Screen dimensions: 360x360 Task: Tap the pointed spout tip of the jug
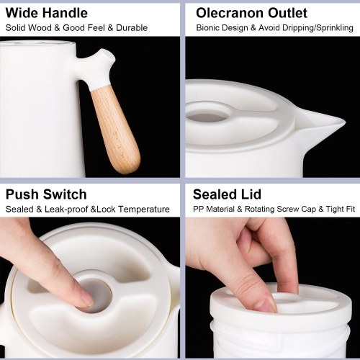(x=345, y=123)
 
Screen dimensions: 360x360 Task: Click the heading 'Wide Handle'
(x=47, y=13)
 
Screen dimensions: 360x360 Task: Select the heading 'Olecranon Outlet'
(x=251, y=13)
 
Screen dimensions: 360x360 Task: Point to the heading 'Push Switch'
(x=46, y=194)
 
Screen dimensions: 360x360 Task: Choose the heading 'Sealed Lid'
(x=227, y=194)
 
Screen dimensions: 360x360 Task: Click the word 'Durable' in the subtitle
(x=132, y=28)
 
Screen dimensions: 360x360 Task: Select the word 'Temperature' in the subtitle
(x=144, y=210)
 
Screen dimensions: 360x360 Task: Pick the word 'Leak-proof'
(x=66, y=210)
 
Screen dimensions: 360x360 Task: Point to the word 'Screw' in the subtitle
(x=288, y=210)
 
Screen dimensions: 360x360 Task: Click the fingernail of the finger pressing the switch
(x=88, y=299)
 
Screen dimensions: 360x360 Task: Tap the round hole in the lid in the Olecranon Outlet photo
(x=208, y=117)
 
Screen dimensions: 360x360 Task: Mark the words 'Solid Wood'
(x=29, y=28)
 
